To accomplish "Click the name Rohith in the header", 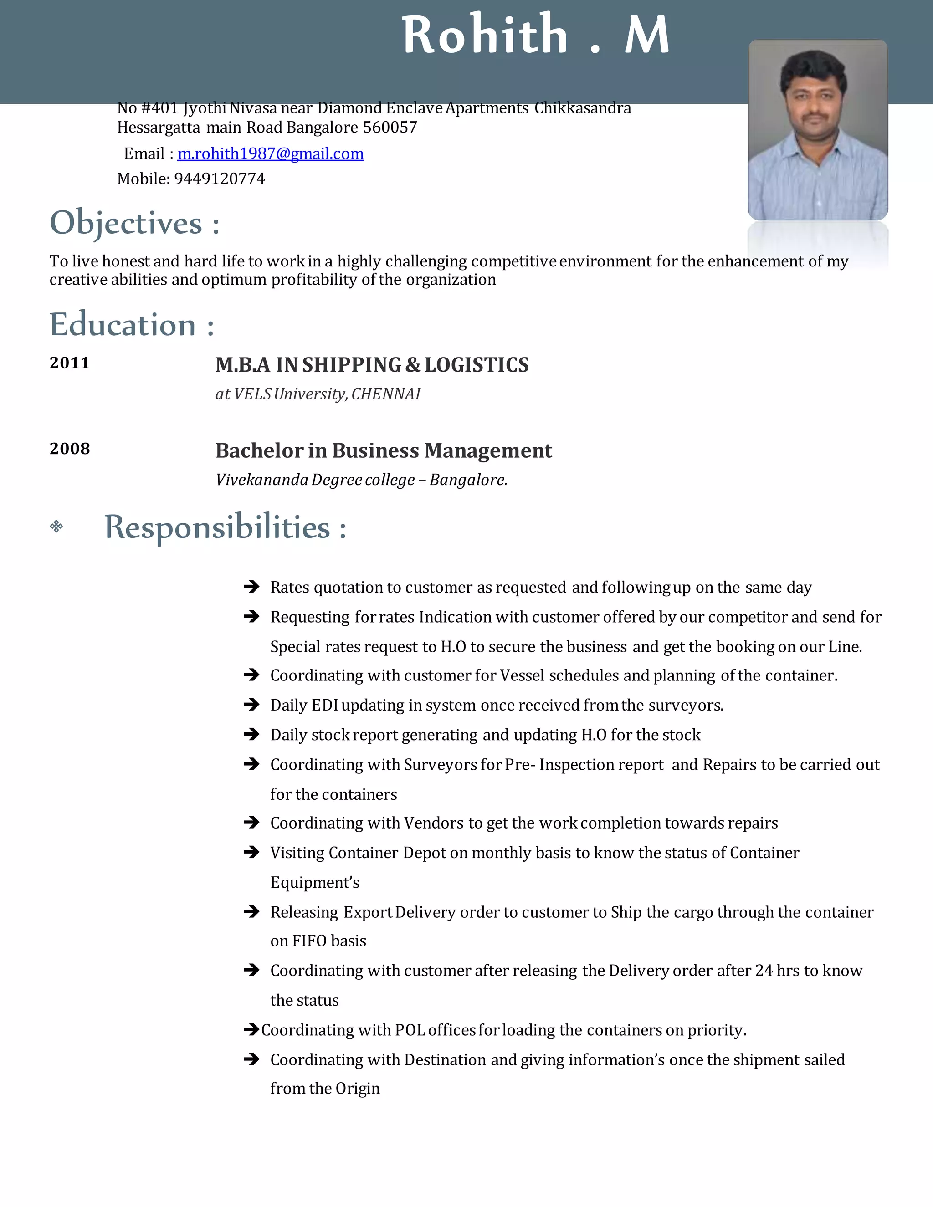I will (x=485, y=36).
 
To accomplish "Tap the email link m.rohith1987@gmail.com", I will (x=270, y=153).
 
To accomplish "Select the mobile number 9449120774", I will (x=220, y=179).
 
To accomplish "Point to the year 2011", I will (x=70, y=363).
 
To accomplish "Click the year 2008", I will (x=70, y=449).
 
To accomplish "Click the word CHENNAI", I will (x=386, y=394).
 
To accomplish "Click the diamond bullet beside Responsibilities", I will (x=56, y=526).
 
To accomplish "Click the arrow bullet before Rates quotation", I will (x=251, y=587).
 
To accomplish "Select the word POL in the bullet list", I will (x=410, y=1030).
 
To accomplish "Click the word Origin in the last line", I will (x=358, y=1089).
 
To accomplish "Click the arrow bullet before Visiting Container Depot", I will (x=251, y=853).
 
